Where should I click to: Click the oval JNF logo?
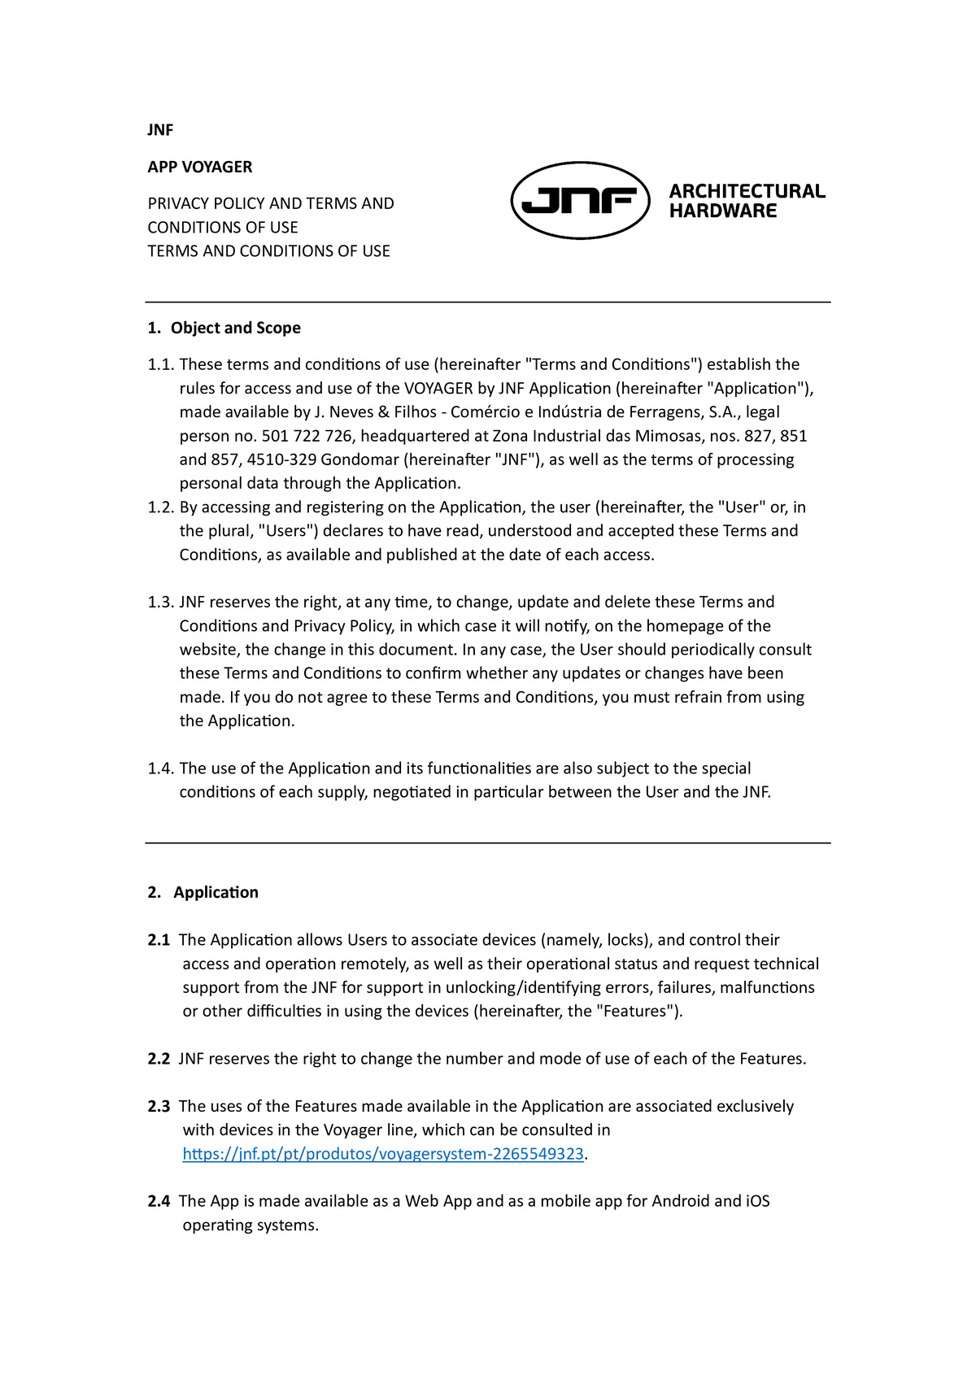tap(580, 200)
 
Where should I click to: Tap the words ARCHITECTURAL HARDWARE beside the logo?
tap(747, 201)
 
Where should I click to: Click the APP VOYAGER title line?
tap(200, 167)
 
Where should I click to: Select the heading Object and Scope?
tap(235, 328)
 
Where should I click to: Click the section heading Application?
tap(216, 892)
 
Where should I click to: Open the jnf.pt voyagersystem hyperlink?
tap(383, 1154)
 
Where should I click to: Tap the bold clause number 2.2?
tap(159, 1059)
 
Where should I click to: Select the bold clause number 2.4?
tap(159, 1201)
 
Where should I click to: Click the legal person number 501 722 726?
tap(307, 436)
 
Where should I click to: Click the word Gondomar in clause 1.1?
tap(359, 459)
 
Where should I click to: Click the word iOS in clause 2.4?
tap(757, 1201)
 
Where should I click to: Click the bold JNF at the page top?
tap(160, 130)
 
